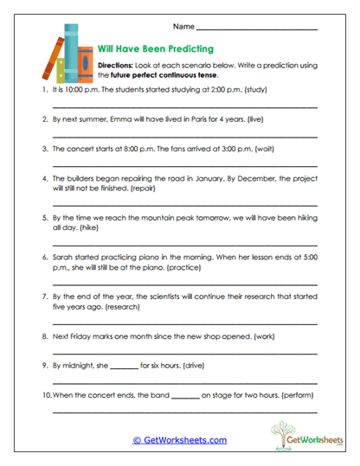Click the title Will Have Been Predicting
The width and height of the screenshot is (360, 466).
click(156, 48)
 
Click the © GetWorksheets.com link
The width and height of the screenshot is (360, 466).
click(179, 439)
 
